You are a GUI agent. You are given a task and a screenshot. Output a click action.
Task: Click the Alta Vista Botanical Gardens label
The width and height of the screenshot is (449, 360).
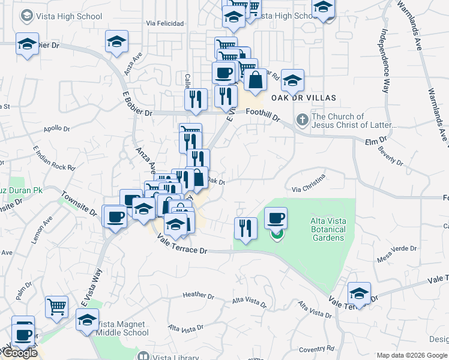328,229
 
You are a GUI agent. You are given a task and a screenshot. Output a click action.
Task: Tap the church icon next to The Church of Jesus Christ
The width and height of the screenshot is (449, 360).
303,121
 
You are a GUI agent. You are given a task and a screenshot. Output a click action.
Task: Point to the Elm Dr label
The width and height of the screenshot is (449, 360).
376,141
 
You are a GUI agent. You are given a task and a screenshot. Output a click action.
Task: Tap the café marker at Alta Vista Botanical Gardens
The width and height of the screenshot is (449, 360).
276,218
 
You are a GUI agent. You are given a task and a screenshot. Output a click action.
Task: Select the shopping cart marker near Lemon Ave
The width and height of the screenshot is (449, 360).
56,307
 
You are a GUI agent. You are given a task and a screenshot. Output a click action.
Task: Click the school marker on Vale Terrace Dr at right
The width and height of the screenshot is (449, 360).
359,293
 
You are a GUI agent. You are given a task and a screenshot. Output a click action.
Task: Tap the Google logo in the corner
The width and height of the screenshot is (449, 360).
20,353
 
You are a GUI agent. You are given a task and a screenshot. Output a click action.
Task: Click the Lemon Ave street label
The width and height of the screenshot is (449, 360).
43,229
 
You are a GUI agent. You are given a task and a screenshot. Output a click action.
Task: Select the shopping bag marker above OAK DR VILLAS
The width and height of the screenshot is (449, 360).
255,79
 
